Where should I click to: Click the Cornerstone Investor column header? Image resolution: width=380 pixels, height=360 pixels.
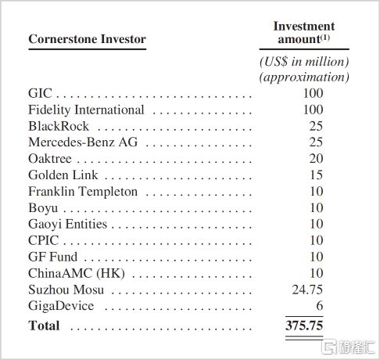pos(87,39)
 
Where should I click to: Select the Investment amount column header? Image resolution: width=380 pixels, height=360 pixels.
pos(304,33)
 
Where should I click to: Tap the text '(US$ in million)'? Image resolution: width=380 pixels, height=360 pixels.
pos(304,62)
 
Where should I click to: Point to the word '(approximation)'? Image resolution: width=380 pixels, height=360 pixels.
pos(304,77)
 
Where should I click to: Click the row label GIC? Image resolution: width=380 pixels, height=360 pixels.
pos(40,93)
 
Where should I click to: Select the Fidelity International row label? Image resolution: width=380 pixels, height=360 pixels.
pos(86,110)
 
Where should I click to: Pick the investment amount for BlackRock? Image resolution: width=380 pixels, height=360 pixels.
pos(316,126)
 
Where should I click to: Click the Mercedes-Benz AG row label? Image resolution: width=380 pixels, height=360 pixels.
pos(83,142)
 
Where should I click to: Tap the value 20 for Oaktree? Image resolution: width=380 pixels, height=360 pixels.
pos(316,159)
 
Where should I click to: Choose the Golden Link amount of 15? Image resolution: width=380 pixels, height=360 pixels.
pos(317,175)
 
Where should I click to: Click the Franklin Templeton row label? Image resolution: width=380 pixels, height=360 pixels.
pos(83,192)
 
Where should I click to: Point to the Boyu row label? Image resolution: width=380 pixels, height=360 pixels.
pos(43,208)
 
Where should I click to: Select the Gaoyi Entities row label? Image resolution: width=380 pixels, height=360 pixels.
pos(67,225)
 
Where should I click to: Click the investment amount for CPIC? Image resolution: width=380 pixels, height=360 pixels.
pos(317,240)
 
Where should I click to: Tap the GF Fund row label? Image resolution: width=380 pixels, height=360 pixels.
pos(52,257)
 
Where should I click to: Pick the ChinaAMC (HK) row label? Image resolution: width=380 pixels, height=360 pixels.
pos(77,273)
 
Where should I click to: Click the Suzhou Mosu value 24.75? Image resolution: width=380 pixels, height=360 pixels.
pos(307,290)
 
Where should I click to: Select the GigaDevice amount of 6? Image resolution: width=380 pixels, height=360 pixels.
pos(320,306)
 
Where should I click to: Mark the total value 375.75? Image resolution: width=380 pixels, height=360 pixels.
pos(304,326)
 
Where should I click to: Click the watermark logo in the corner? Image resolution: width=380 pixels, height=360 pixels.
pos(348,347)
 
